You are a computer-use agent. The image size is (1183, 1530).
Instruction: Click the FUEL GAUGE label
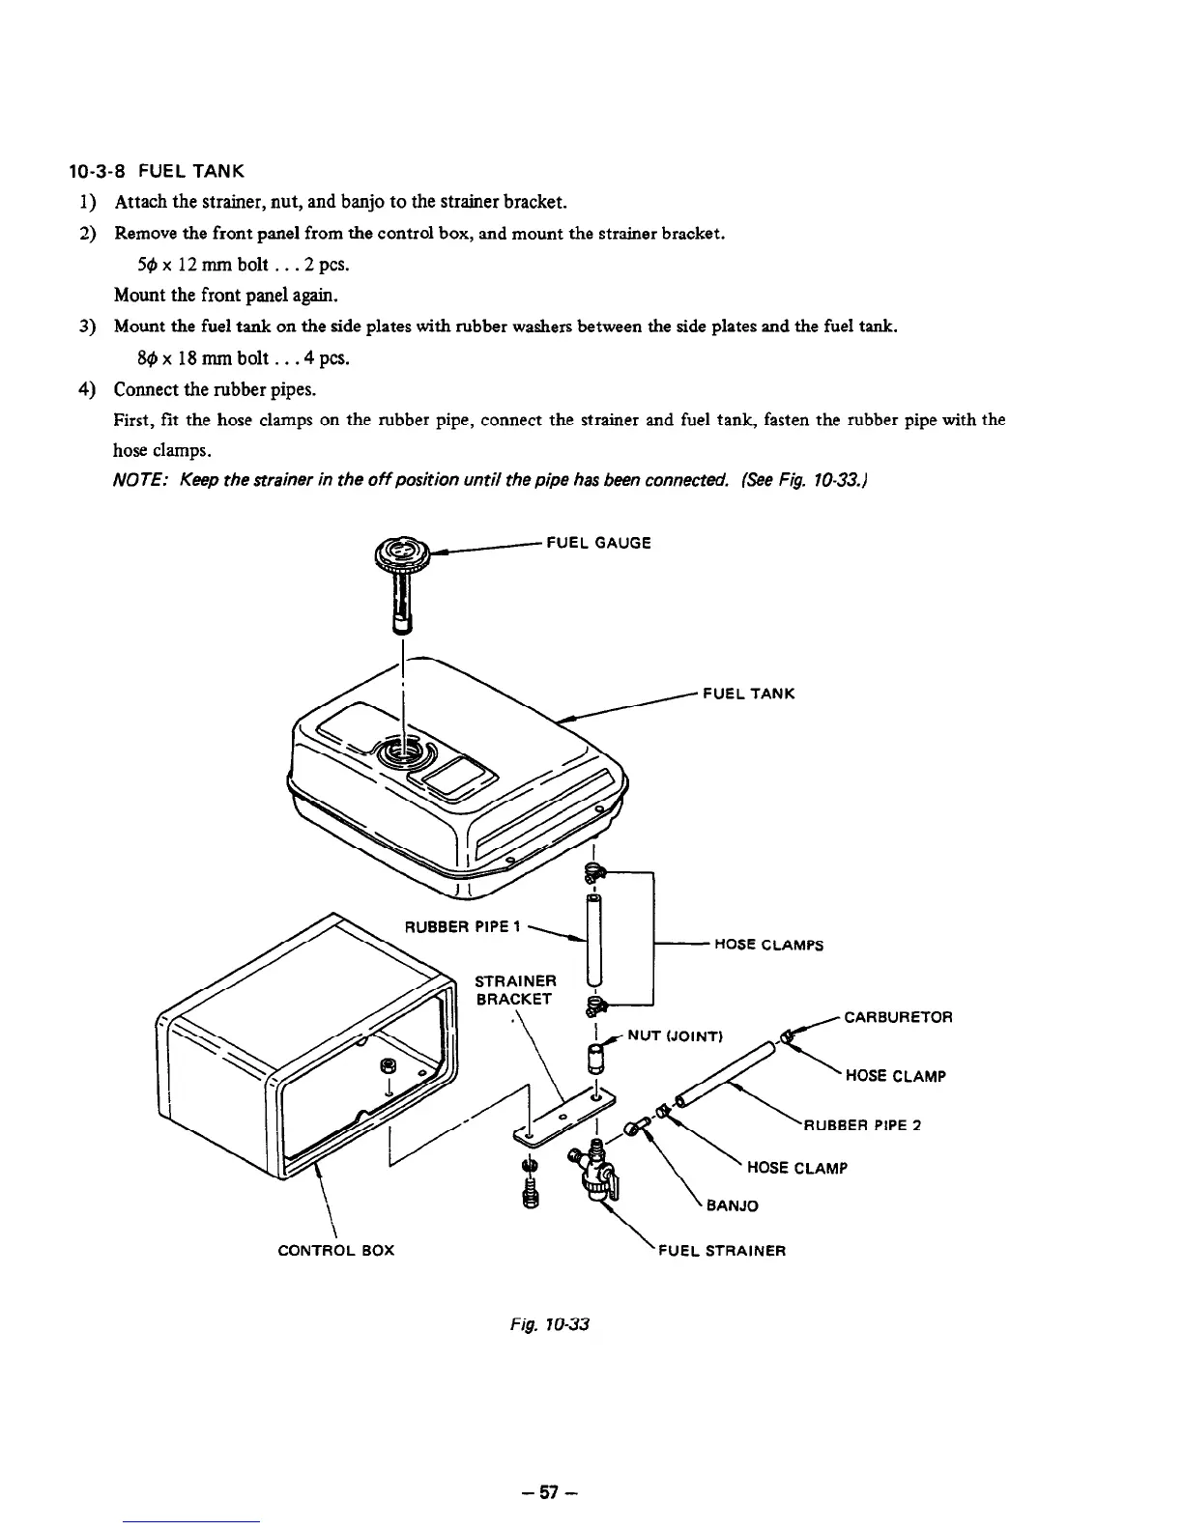[598, 543]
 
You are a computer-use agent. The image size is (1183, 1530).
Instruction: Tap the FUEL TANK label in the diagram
[748, 694]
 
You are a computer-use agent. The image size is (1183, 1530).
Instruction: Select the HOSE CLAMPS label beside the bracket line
[768, 945]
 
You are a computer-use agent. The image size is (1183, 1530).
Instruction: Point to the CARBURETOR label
[898, 1017]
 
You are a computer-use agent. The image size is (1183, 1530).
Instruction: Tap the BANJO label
[733, 1205]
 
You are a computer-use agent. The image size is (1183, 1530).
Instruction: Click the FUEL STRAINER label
[721, 1251]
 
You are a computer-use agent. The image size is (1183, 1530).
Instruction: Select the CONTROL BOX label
[335, 1251]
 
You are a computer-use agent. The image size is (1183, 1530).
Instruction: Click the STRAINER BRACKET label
[516, 989]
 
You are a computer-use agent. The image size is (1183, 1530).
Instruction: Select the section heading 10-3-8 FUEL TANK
[156, 172]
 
